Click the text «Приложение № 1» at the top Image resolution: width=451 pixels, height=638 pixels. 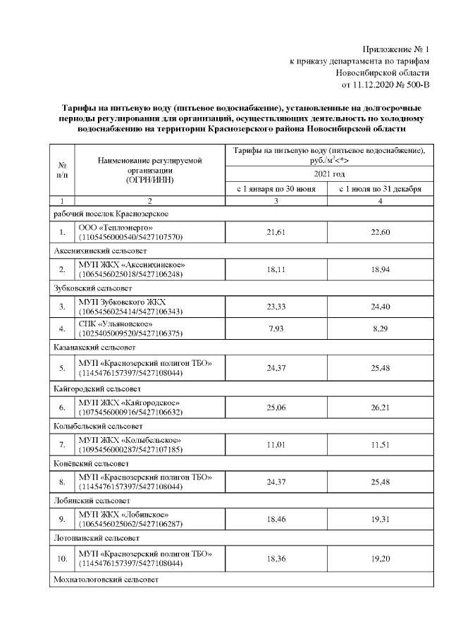pyautogui.click(x=395, y=49)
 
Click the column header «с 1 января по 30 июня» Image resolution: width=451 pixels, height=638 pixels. pyautogui.click(x=276, y=189)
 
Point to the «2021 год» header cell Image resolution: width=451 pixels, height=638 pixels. pyautogui.click(x=328, y=173)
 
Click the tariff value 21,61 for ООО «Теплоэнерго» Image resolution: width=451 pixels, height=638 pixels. pyautogui.click(x=276, y=233)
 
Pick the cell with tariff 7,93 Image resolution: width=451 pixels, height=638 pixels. pyautogui.click(x=276, y=329)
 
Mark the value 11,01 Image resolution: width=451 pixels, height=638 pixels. pyautogui.click(x=276, y=446)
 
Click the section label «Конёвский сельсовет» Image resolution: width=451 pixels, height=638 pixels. pyautogui.click(x=91, y=465)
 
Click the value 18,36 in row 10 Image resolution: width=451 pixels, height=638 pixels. pyautogui.click(x=276, y=558)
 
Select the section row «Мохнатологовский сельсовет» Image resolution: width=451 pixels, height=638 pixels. pyautogui.click(x=106, y=579)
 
